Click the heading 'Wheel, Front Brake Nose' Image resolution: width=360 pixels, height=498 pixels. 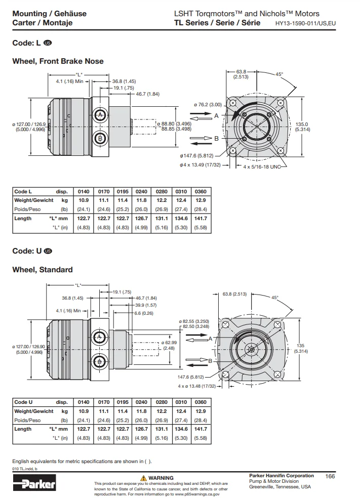[58, 61]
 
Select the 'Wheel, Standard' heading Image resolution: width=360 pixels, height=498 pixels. [43, 270]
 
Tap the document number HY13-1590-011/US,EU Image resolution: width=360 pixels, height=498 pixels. [305, 23]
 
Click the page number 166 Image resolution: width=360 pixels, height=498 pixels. [330, 476]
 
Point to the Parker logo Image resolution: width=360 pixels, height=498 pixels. [34, 485]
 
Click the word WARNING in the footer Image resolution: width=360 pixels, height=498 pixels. [161, 478]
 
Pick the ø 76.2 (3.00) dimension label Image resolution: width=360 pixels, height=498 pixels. [208, 105]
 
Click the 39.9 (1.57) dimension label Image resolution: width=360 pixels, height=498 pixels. [146, 305]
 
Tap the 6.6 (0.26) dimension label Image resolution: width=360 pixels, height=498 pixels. [144, 313]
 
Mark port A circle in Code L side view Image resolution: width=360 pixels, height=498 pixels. [100, 115]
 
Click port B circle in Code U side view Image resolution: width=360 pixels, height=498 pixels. [99, 361]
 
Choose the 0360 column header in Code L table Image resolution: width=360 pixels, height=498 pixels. [201, 192]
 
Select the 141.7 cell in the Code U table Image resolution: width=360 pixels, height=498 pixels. [201, 429]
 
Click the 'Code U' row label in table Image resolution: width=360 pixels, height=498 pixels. [23, 402]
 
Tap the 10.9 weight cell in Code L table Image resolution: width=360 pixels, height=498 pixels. [84, 200]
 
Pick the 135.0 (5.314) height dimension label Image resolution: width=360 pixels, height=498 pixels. [302, 127]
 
